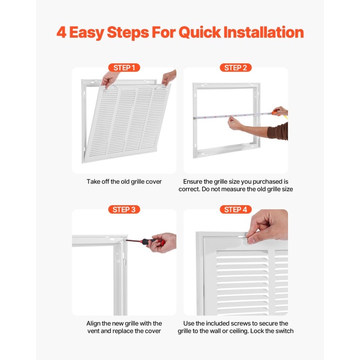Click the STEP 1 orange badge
coord(124,68)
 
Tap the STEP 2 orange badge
coord(235,68)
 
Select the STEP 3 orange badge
coord(124,209)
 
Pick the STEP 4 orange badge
coord(235,209)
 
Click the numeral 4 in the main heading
coord(61,32)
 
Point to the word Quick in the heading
coord(200,32)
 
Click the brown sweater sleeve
coord(278,131)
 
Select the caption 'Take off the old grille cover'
coord(124,182)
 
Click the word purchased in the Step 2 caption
coord(262,182)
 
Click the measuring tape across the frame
coord(233,116)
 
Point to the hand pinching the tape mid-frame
coord(235,123)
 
